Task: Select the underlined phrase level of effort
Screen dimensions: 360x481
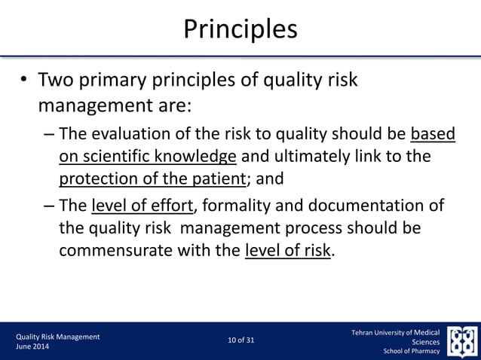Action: [x=141, y=206]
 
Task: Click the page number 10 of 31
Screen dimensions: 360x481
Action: [x=240, y=340]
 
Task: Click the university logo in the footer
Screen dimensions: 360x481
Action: [x=461, y=340]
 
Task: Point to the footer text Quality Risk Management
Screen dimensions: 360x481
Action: [x=57, y=336]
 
